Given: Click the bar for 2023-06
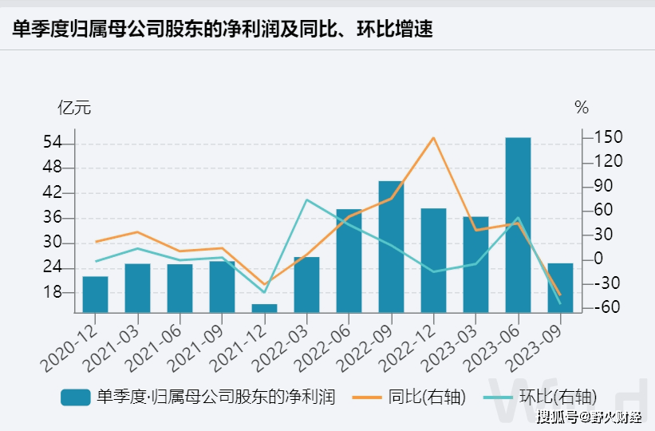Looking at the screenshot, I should [518, 224].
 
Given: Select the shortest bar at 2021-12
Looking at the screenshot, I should [264, 307].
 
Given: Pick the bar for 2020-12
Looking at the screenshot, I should [96, 294].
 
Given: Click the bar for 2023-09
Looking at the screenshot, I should [560, 287].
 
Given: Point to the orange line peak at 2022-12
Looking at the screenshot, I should [433, 137].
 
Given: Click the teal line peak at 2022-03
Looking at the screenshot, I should [307, 200].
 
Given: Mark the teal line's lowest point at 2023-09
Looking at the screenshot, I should [560, 303].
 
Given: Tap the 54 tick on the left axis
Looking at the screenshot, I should [52, 144].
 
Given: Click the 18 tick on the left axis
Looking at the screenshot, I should [52, 292].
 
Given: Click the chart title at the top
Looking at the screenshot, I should [223, 29].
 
